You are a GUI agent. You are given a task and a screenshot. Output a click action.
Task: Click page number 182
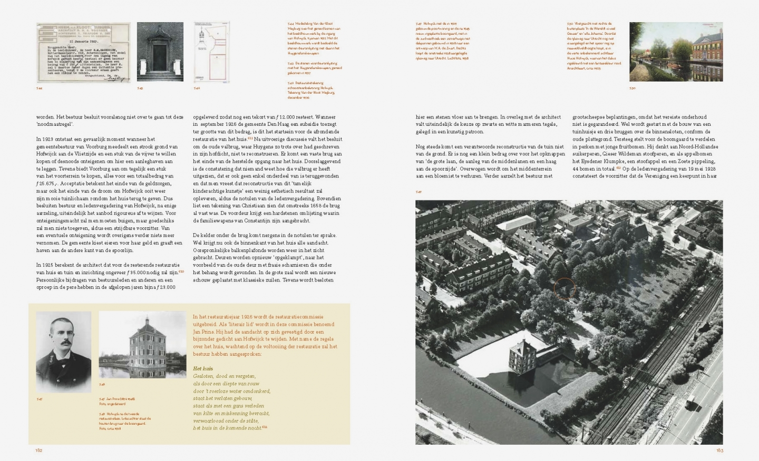(x=39, y=450)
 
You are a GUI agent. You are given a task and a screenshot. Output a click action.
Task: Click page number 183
(x=719, y=450)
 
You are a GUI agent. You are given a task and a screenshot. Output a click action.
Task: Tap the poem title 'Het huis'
(x=203, y=369)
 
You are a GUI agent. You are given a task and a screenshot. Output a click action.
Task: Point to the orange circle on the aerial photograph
(x=565, y=289)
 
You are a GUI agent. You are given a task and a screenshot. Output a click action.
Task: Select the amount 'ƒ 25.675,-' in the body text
(x=48, y=183)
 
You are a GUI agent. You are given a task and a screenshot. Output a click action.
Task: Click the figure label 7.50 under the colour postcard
(x=632, y=88)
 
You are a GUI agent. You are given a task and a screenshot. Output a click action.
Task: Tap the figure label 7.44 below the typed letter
(x=40, y=88)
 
